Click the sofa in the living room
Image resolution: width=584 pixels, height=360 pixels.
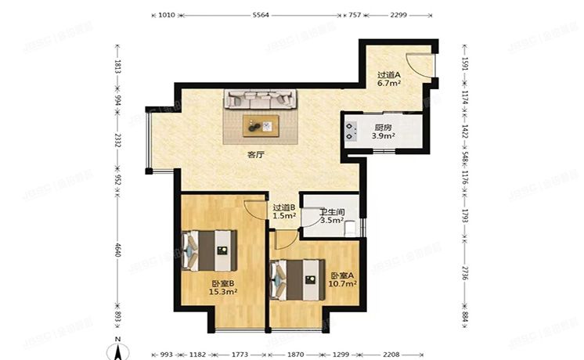(x=260, y=99)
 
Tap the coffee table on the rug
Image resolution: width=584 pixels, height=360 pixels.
(x=260, y=124)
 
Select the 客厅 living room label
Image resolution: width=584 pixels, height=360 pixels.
(x=255, y=155)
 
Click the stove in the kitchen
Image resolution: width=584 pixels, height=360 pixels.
(x=349, y=131)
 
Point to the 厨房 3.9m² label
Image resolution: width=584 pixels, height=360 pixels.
(x=383, y=131)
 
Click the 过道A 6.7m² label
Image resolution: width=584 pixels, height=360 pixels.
(x=389, y=76)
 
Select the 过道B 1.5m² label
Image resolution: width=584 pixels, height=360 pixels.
(x=283, y=211)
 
